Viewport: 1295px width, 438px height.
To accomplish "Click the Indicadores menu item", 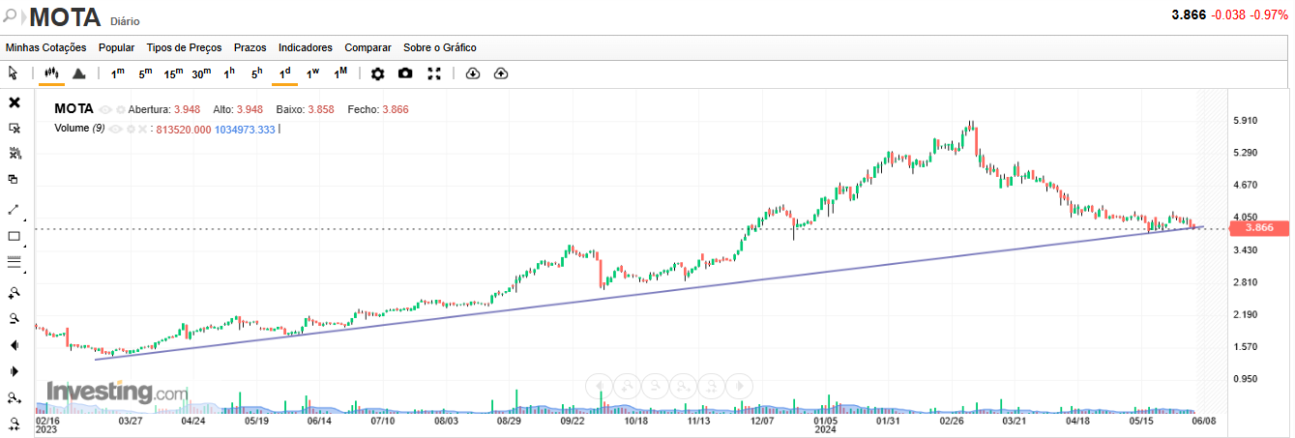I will coord(305,47).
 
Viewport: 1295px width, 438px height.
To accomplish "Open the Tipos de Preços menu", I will coord(184,47).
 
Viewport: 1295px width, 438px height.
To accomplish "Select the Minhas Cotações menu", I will coord(45,47).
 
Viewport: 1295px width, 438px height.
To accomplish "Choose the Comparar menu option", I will coord(368,47).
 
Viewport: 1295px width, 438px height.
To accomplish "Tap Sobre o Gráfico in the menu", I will coord(439,47).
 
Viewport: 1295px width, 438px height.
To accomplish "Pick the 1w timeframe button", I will coord(312,73).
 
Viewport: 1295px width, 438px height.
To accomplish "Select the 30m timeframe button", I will coord(201,73).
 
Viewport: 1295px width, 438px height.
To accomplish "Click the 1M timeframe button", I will coord(340,73).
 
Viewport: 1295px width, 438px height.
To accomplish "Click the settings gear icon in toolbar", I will coord(377,73).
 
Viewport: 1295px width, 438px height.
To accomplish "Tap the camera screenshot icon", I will coord(405,73).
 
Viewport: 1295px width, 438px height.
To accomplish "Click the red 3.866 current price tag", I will coord(1258,228).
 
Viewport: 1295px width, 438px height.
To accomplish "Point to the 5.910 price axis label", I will coord(1247,121).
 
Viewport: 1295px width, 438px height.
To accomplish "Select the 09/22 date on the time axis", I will coord(573,422).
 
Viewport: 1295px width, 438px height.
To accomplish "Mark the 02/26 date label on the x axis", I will coord(952,422).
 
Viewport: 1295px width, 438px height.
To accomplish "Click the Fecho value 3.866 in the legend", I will coord(396,109).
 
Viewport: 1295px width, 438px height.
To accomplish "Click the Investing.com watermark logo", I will coord(117,393).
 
